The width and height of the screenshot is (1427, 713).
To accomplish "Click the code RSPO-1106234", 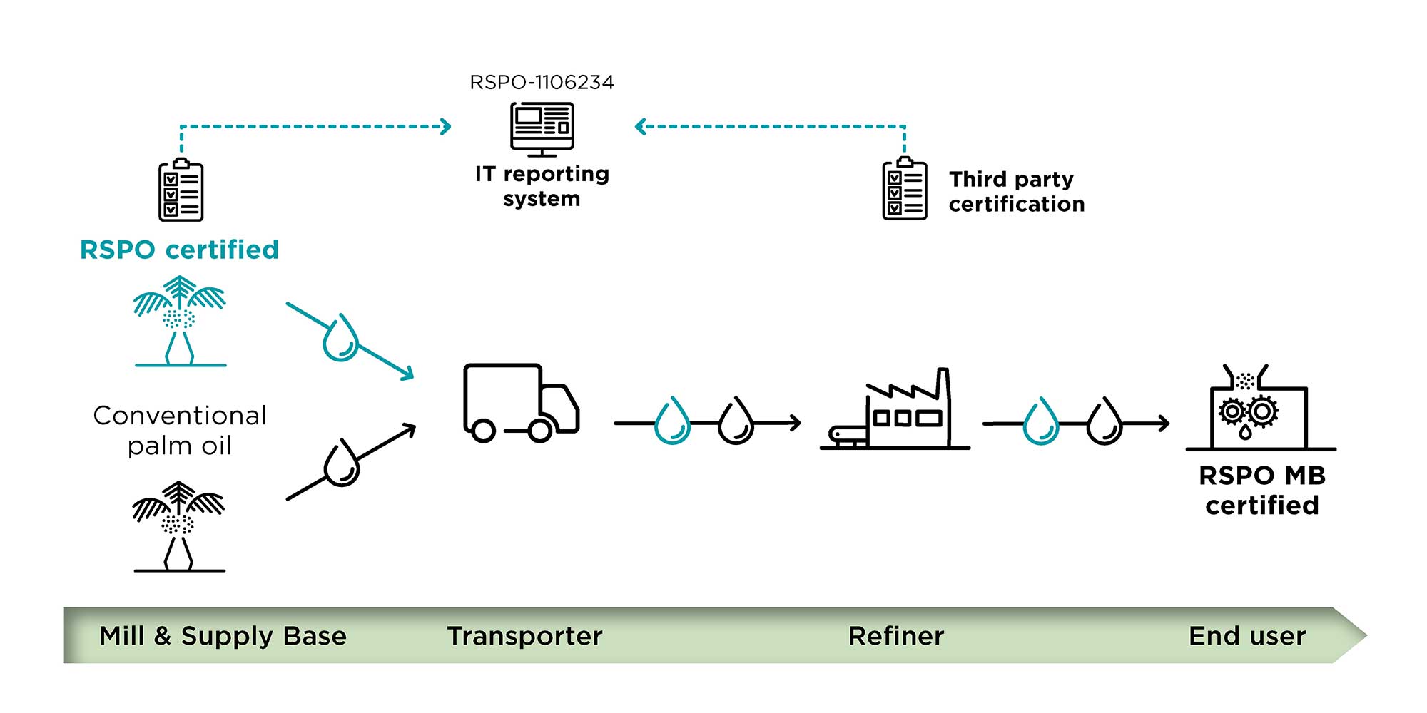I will pyautogui.click(x=542, y=83).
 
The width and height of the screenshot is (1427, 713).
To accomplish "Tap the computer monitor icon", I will pyautogui.click(x=542, y=128).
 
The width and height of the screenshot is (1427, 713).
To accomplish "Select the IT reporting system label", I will pyautogui.click(x=542, y=186).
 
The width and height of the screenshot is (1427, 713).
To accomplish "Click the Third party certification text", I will pyautogui.click(x=1016, y=191).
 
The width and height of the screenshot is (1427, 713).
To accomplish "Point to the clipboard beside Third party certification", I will pyautogui.click(x=905, y=189).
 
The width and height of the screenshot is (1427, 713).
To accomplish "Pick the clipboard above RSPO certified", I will pyautogui.click(x=181, y=190).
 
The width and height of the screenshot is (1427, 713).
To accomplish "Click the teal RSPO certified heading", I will pyautogui.click(x=179, y=250).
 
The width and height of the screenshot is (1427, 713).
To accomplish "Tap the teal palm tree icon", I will pyautogui.click(x=180, y=322).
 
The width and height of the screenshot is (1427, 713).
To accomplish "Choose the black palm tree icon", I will pyautogui.click(x=179, y=526).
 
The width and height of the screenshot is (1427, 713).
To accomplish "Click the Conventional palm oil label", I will pyautogui.click(x=180, y=431).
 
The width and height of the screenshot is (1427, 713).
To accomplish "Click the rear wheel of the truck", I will pyautogui.click(x=483, y=431).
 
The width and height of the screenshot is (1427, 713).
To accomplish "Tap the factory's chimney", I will pyautogui.click(x=943, y=389).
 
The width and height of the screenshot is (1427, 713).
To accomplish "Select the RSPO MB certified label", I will pyautogui.click(x=1261, y=491).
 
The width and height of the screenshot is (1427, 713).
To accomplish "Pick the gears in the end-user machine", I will pyautogui.click(x=1248, y=411).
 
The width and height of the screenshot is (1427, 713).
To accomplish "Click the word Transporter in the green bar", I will pyautogui.click(x=524, y=636).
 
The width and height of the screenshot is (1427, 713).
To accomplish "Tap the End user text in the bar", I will pyautogui.click(x=1246, y=636).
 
